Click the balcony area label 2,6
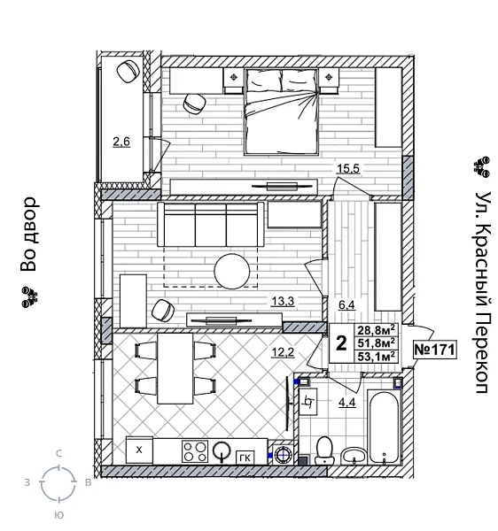coord(121,141)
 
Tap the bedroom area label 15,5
coord(346,168)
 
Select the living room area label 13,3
coord(283,301)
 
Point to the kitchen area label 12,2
coord(283,353)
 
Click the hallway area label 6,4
coord(346,305)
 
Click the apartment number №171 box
coord(434,350)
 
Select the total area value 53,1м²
coord(376,358)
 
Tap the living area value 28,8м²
coord(376,330)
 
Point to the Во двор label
coord(29,234)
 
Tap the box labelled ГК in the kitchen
coord(245,456)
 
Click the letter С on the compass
coord(58,453)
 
